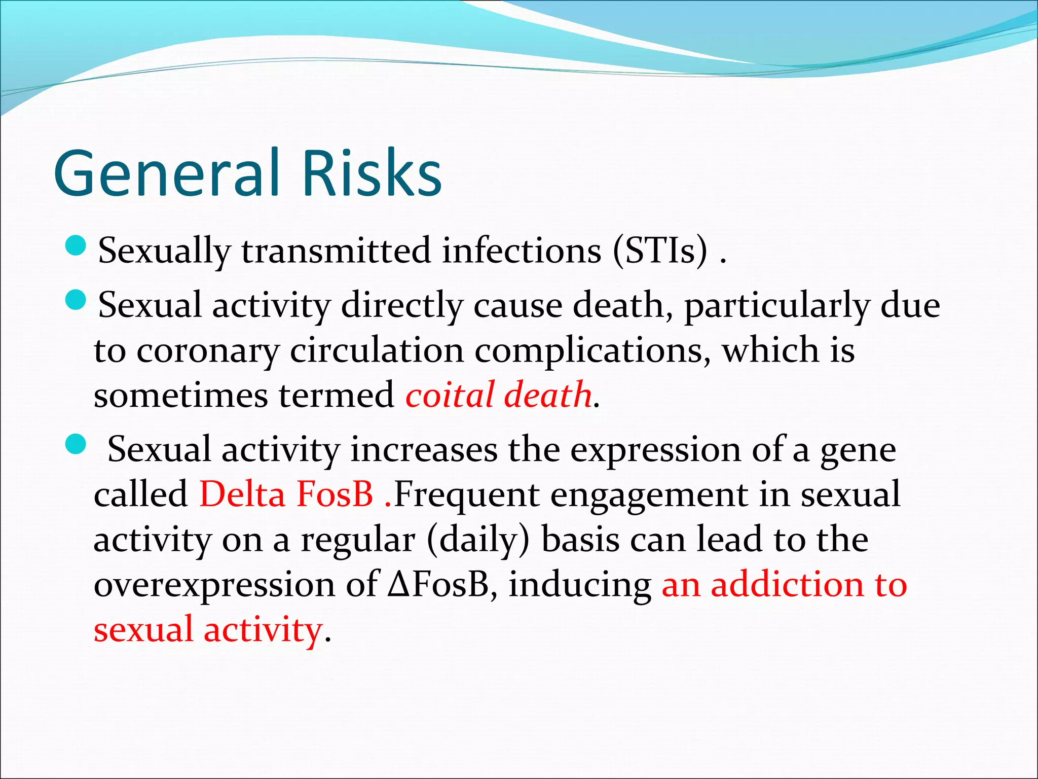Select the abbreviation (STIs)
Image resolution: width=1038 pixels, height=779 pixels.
point(659,251)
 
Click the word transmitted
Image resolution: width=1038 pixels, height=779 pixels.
point(336,251)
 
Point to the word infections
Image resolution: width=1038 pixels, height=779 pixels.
point(521,251)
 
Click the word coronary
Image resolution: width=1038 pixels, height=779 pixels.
point(208,351)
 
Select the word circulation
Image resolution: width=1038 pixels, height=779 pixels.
point(377,351)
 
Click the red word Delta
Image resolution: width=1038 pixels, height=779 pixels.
point(242,494)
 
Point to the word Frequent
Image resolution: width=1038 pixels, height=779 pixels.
point(466,494)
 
